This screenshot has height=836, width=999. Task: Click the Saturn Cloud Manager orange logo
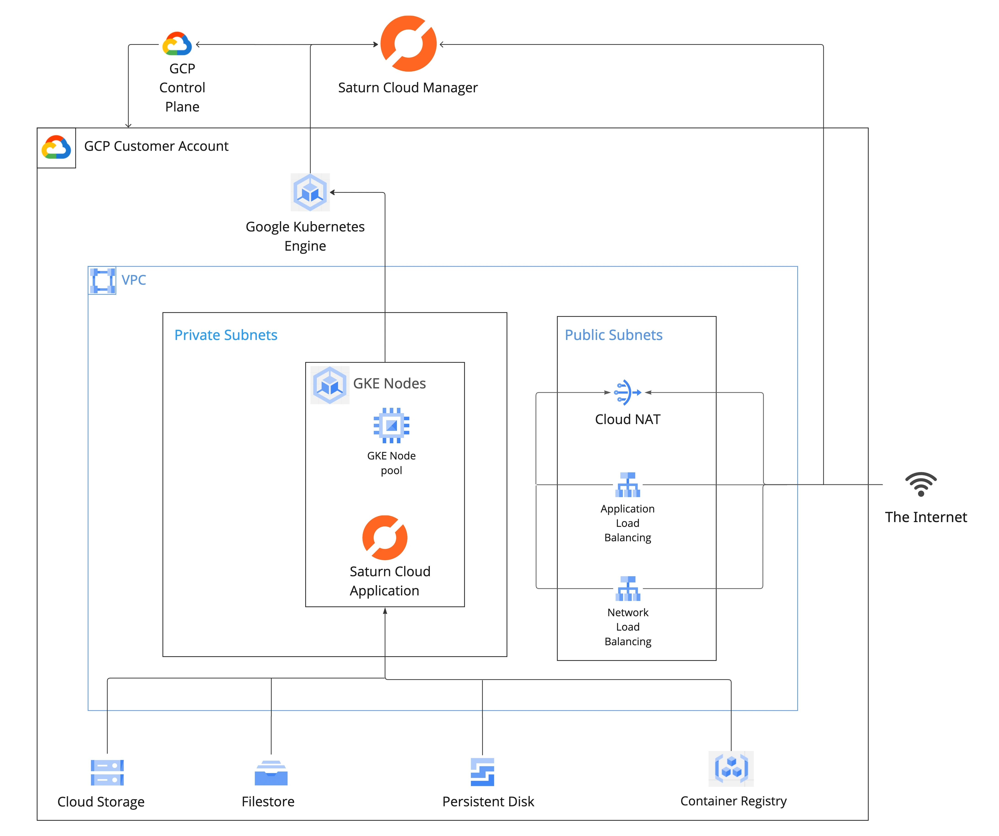(408, 44)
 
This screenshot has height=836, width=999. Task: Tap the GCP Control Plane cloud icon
(177, 44)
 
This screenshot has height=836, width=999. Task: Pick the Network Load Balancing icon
(628, 589)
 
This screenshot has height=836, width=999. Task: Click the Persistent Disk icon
(482, 772)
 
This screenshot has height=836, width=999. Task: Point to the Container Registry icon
(731, 769)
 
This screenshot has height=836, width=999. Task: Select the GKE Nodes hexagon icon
(330, 385)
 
